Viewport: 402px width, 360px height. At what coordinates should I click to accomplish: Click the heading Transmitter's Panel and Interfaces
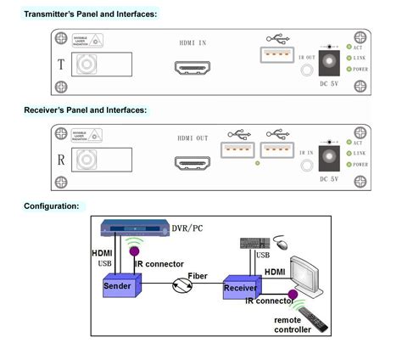[90, 14]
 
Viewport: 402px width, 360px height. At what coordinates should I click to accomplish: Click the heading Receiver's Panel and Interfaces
[85, 110]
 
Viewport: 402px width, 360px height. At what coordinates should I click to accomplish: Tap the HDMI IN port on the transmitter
[190, 68]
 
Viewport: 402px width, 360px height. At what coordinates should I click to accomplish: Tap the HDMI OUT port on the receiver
[190, 163]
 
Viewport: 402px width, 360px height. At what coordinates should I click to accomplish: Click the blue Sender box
[119, 288]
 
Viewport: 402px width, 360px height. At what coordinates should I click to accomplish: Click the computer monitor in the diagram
[303, 274]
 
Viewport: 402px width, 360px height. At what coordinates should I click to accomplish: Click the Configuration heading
[51, 206]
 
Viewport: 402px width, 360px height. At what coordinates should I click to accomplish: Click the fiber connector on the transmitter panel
[86, 64]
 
